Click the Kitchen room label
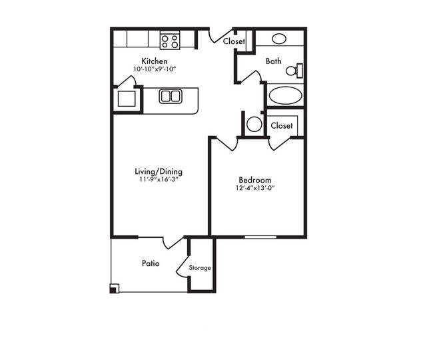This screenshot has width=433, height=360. pyautogui.click(x=155, y=61)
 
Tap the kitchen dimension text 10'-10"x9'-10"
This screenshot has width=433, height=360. pyautogui.click(x=155, y=69)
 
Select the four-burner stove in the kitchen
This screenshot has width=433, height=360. pyautogui.click(x=170, y=41)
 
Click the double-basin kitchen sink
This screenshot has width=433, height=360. pyautogui.click(x=171, y=96)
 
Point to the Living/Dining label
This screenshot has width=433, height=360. pyautogui.click(x=159, y=171)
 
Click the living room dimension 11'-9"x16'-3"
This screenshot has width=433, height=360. pyautogui.click(x=159, y=179)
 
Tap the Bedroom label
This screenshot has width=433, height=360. pyautogui.click(x=255, y=180)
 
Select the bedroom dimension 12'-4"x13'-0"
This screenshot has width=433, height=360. pyautogui.click(x=255, y=188)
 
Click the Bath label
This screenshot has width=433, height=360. pyautogui.click(x=273, y=61)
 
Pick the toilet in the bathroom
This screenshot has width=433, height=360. pyautogui.click(x=294, y=71)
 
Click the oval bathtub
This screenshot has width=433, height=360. pyautogui.click(x=286, y=95)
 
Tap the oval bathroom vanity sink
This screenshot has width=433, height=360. pyautogui.click(x=279, y=39)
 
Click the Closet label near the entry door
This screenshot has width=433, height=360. pyautogui.click(x=234, y=41)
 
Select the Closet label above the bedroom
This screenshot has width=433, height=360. pyautogui.click(x=282, y=126)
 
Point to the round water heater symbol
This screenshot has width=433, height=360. pyautogui.click(x=254, y=124)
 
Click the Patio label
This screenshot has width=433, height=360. pyautogui.click(x=151, y=263)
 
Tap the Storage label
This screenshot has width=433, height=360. pyautogui.click(x=200, y=268)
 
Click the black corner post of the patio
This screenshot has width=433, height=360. pyautogui.click(x=115, y=289)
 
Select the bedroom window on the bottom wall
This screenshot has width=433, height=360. pyautogui.click(x=260, y=237)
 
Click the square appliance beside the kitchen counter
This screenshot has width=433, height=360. pyautogui.click(x=127, y=99)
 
